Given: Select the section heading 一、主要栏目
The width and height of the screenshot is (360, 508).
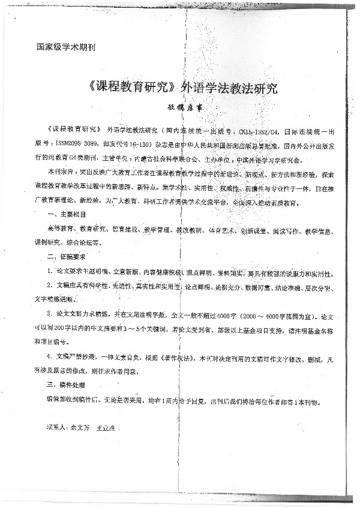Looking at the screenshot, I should [65, 214].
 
